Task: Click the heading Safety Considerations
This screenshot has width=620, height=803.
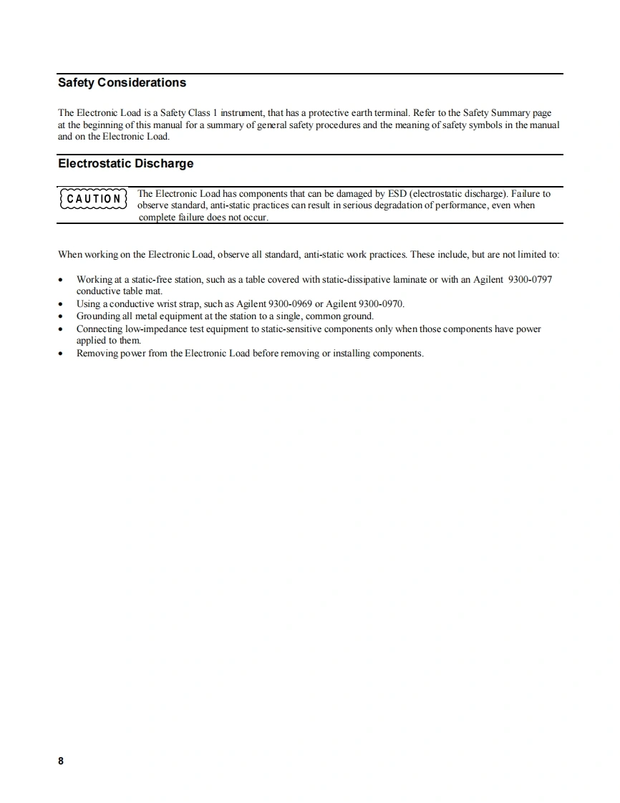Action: pos(122,83)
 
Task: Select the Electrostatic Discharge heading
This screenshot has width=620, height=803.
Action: pos(125,164)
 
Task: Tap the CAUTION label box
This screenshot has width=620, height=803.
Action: pos(94,198)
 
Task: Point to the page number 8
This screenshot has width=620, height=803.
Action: pos(61,761)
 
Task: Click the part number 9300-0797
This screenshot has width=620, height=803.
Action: pos(529,279)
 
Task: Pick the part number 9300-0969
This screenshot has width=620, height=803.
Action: pos(289,303)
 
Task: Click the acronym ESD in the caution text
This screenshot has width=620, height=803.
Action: pos(397,194)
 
